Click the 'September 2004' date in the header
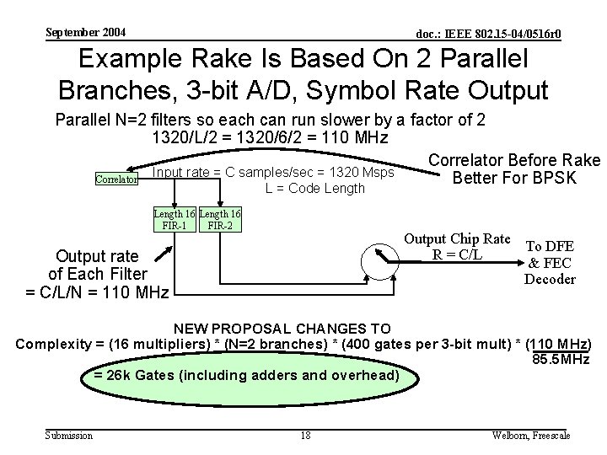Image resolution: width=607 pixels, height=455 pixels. (85, 32)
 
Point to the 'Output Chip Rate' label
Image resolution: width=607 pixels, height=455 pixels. (458, 238)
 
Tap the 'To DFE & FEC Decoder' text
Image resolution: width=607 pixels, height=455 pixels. (550, 262)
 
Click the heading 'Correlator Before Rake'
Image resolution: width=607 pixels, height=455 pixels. (513, 160)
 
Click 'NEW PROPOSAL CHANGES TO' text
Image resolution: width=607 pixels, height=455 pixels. (282, 329)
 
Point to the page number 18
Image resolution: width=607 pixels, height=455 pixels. (304, 435)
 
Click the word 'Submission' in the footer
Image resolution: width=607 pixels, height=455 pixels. (68, 435)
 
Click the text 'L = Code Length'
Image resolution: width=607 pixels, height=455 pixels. (314, 188)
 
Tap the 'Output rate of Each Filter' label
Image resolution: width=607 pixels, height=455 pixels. (99, 273)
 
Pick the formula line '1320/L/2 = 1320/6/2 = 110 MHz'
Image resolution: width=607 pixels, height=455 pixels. (270, 137)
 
